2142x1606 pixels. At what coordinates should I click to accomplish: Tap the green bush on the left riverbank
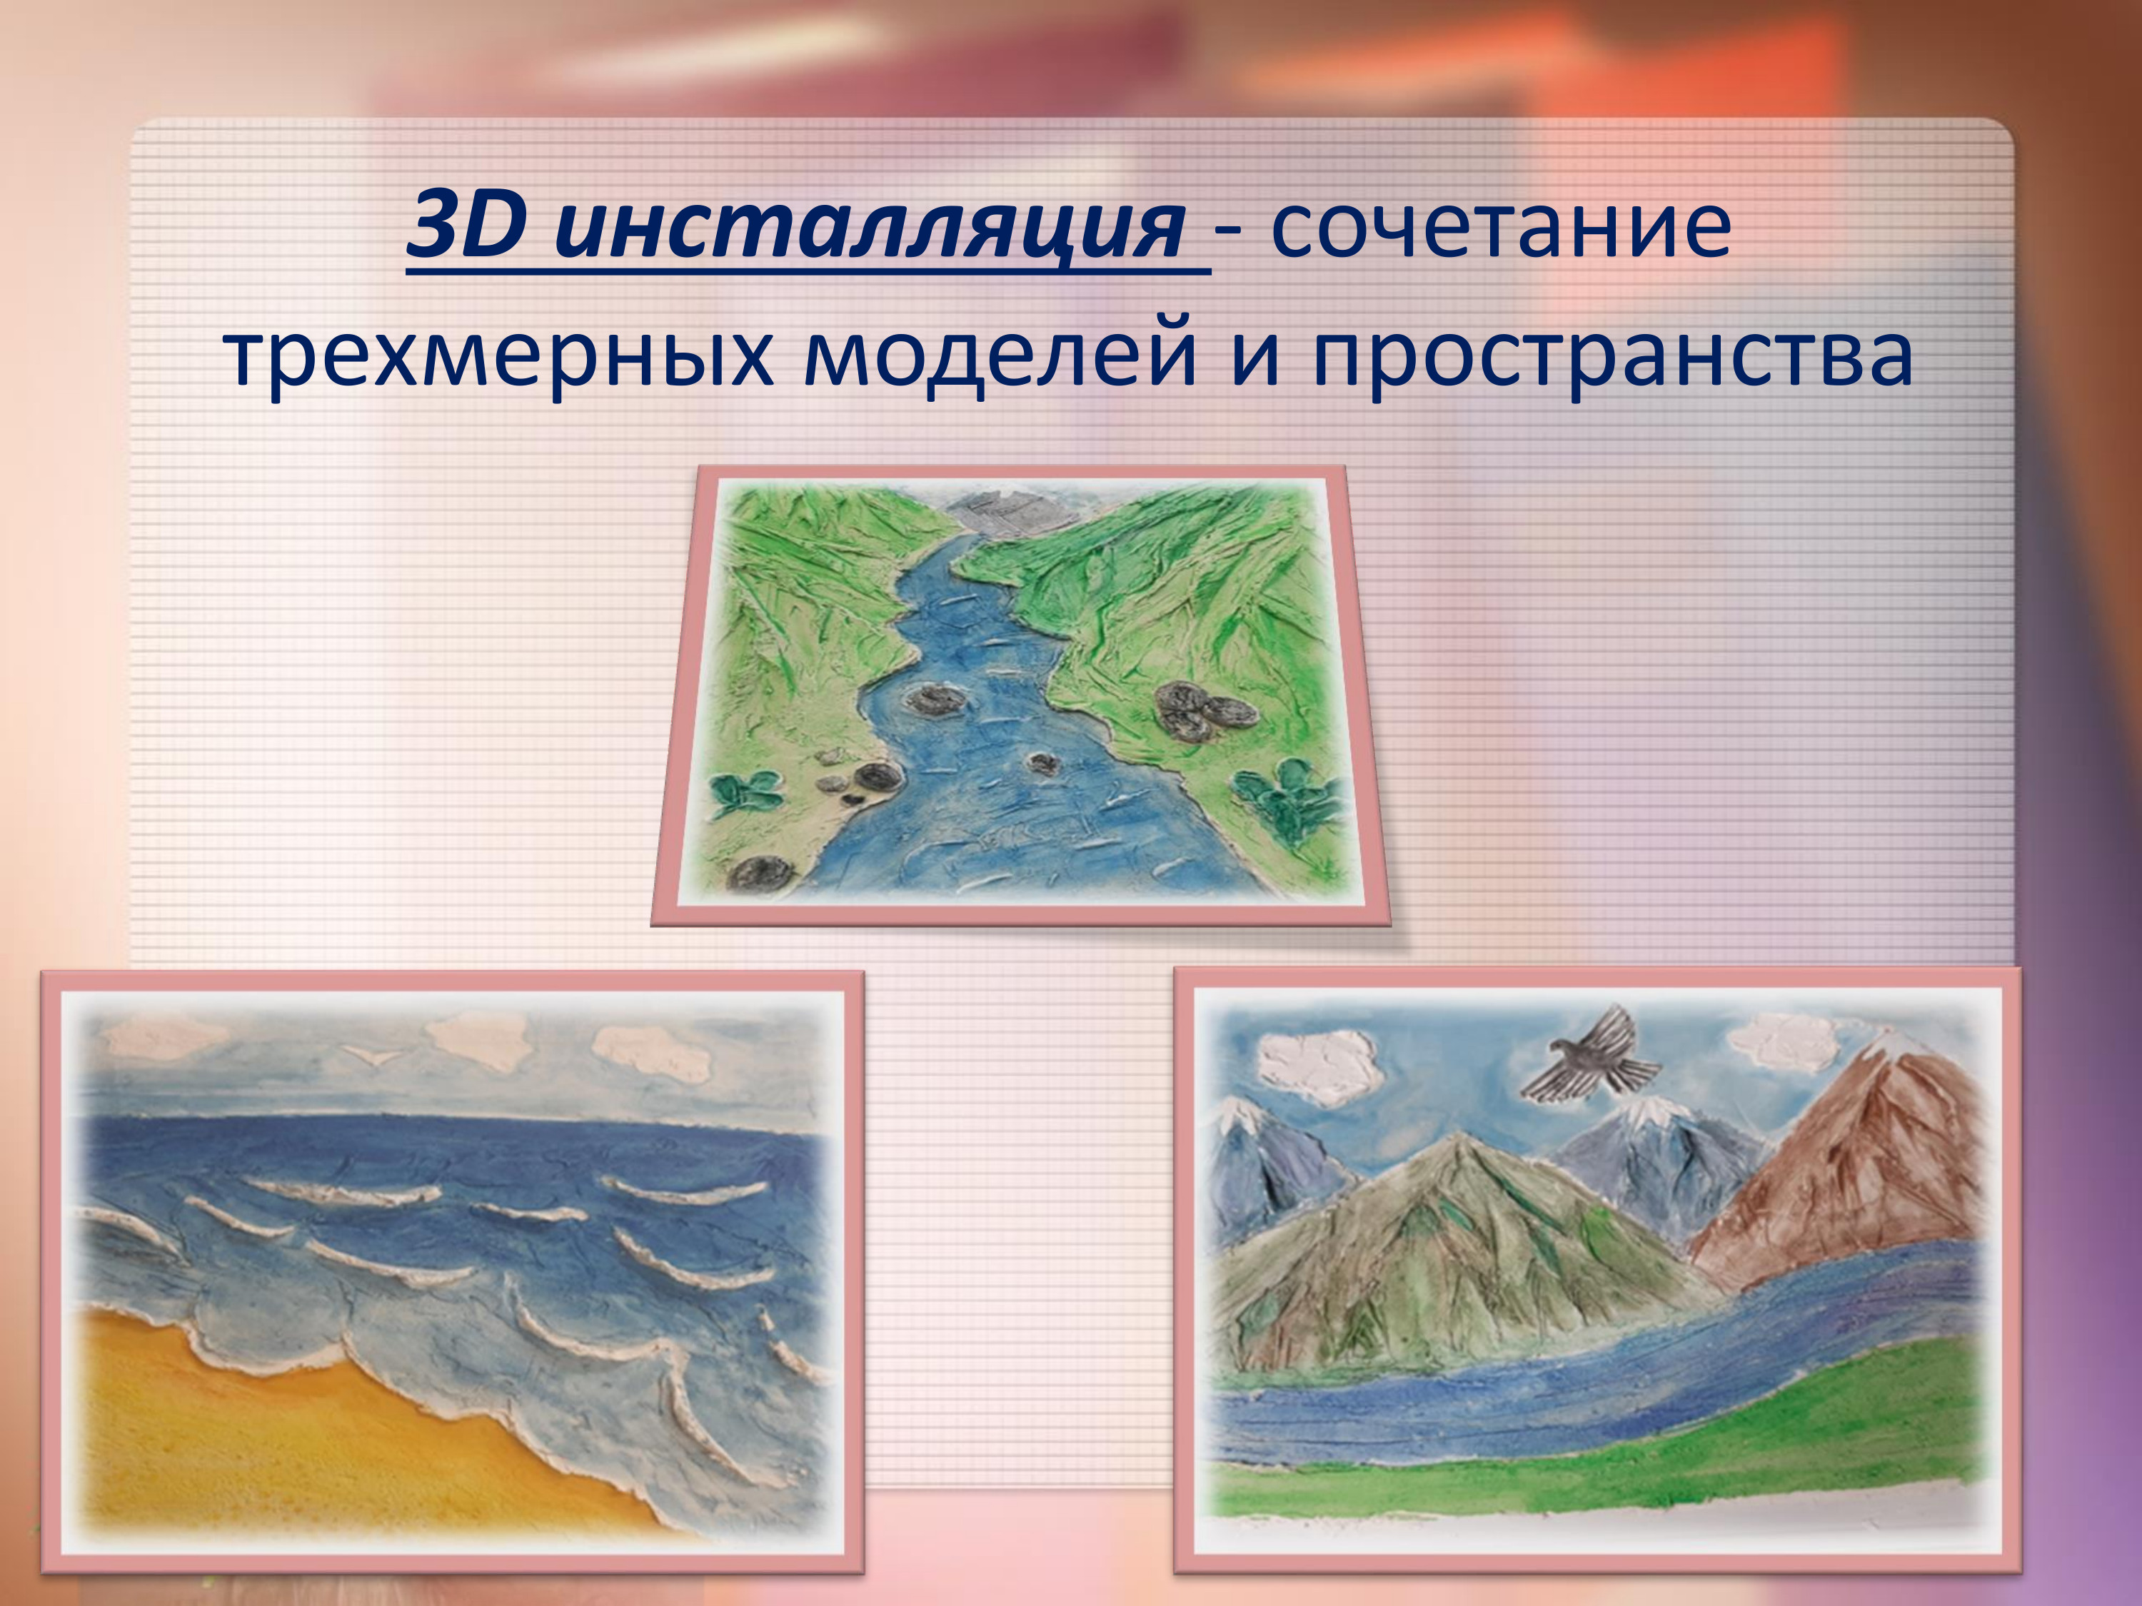(747, 792)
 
